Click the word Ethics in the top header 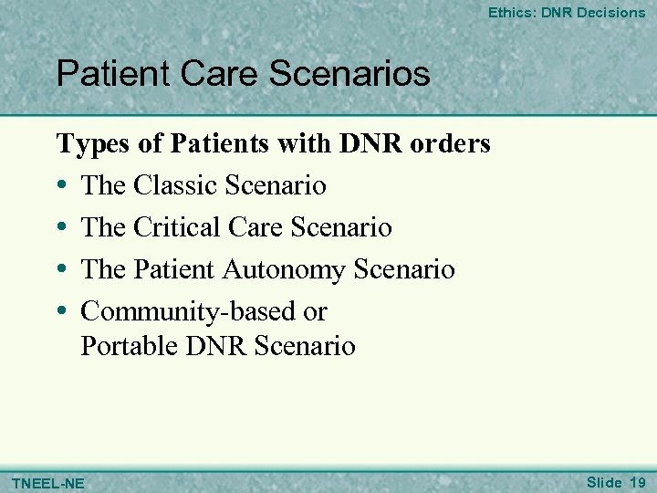509,13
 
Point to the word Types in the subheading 85,144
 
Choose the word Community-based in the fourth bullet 189,311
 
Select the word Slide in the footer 604,481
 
